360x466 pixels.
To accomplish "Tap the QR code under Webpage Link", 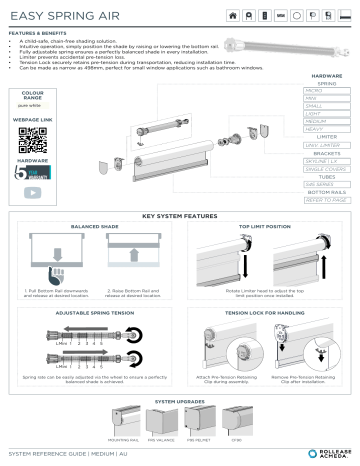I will pos(33,140).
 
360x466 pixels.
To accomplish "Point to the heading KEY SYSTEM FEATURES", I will pos(180,216).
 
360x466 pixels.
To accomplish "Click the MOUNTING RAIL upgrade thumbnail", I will pos(127,422).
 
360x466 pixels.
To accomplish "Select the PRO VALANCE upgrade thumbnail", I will pos(161,422).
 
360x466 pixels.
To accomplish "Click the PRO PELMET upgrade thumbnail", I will pos(197,422).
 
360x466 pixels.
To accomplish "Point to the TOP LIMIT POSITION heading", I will pos(264,227).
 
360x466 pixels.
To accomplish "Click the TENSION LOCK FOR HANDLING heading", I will pos(264,313).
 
